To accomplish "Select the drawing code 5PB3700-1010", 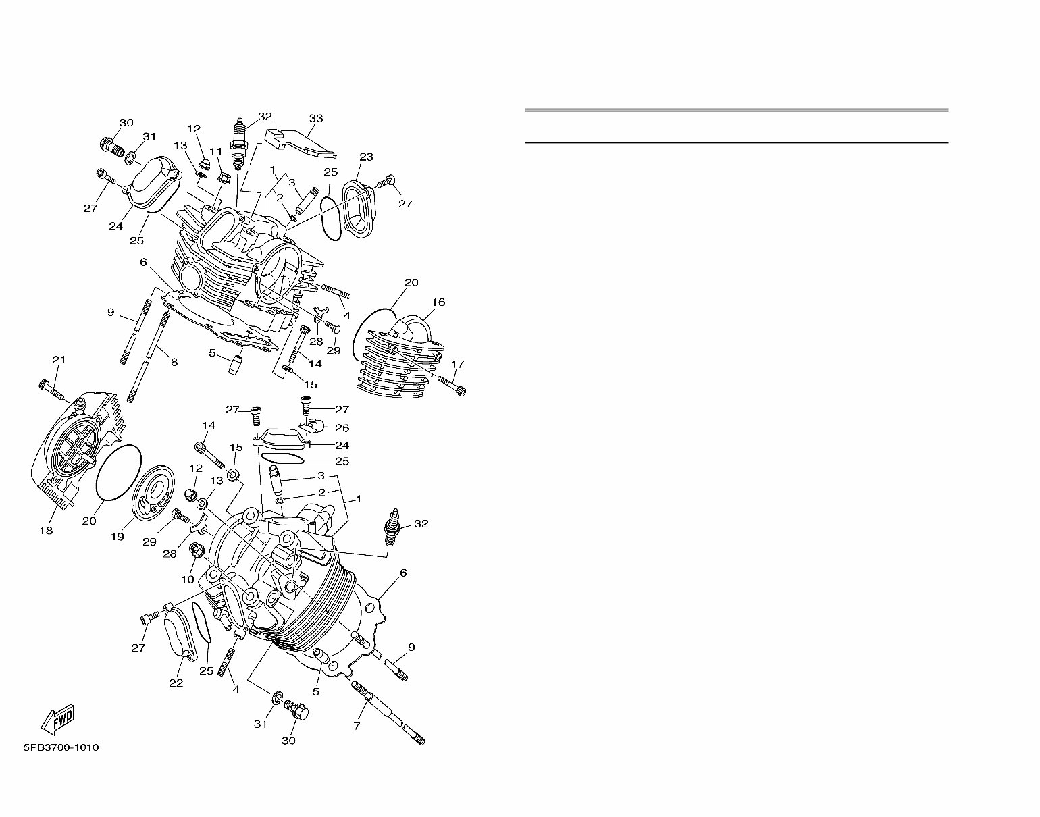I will pos(61,747).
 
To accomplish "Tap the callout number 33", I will pos(316,119).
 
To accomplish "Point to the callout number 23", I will pos(366,157).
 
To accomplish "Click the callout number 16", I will pos(438,302).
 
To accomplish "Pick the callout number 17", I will pos(457,365).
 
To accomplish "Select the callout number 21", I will pos(59,360).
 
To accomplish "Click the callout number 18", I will pos(45,531).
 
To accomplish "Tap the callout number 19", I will pos(118,537).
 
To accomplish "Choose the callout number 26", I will pos(342,428).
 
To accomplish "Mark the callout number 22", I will pos(176,683).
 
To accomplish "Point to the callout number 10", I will pos(187,579).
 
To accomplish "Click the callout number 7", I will pos(357,726).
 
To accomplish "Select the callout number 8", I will pos(174,363).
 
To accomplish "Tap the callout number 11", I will pos(215,151).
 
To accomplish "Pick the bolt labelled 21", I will pos(51,390).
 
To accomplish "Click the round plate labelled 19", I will pos(154,487).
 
